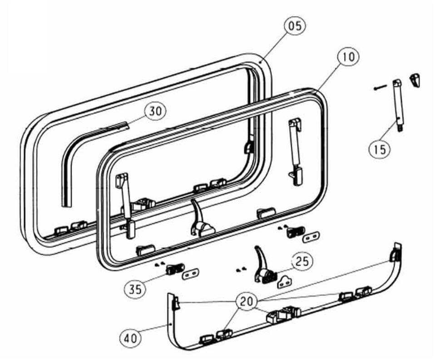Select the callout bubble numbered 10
[x=348, y=57]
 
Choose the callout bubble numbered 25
[x=302, y=261]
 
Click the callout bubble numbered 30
[x=156, y=112]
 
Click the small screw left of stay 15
[x=379, y=88]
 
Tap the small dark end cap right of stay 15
[x=415, y=80]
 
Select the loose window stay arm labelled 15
[x=398, y=105]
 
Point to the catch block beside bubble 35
[x=174, y=269]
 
